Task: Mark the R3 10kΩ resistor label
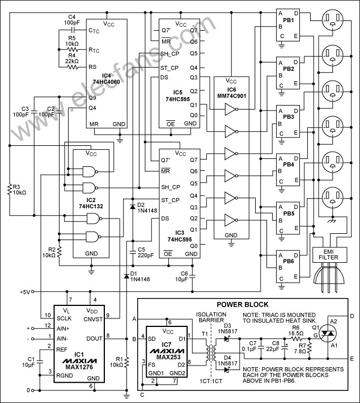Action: [x=19, y=190]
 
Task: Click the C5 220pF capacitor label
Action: [x=145, y=251]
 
